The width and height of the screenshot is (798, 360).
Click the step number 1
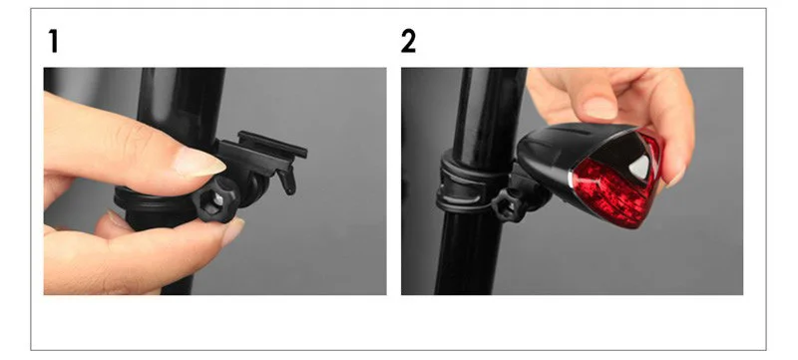click(x=52, y=41)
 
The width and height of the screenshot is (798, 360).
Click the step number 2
click(x=409, y=41)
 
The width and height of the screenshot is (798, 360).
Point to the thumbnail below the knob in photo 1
click(x=230, y=232)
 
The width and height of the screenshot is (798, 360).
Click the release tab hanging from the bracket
click(x=287, y=180)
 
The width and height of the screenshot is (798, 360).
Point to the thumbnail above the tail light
click(x=599, y=107)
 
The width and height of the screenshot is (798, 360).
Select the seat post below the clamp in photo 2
click(x=469, y=259)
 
